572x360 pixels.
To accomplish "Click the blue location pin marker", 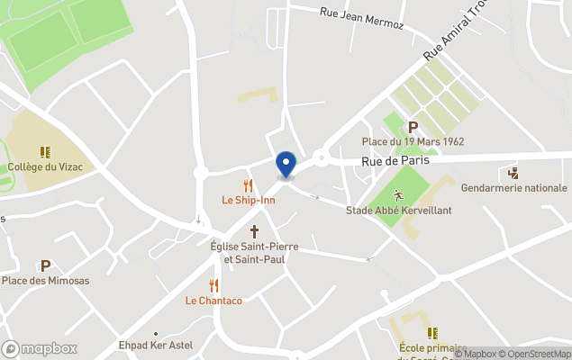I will coord(286,165).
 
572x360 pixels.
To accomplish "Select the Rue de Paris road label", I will coord(395,161).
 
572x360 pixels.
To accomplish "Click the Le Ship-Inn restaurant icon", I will coord(248,184).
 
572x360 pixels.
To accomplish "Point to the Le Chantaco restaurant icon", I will coord(213,285).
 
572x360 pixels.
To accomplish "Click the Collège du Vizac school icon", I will coord(43,152).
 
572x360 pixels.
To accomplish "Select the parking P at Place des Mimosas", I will coord(45,265).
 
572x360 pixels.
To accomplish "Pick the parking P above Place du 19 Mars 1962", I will coord(413,127).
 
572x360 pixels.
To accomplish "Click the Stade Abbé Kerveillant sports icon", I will coord(398,194).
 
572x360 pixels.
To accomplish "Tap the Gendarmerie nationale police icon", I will coord(513,173).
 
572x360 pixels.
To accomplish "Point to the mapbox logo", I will coord(40,348).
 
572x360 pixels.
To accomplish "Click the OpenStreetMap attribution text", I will coord(537,354).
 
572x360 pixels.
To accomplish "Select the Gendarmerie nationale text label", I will coord(513,188).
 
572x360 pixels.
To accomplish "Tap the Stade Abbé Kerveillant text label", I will coord(398,211).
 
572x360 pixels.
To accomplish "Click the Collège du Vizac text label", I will coord(43,167).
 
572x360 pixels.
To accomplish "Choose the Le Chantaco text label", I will coord(213,301).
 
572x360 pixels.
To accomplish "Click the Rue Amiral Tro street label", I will coord(458,38).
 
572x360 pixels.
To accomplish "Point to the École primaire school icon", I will coord(432,332).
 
